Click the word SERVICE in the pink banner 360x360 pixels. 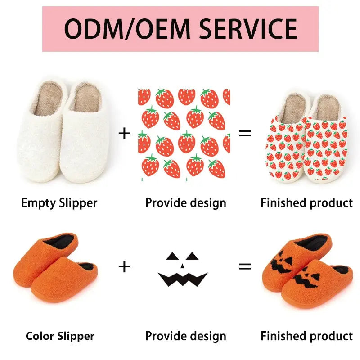pos(248,28)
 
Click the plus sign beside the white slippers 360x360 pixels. pos(124,133)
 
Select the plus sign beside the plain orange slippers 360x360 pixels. pos(124,266)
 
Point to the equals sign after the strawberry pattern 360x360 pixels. pos(245,133)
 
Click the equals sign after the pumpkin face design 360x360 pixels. pos(245,266)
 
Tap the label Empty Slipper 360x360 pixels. pos(59,203)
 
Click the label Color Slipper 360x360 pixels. pos(60,336)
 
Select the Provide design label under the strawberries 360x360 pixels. pos(185,203)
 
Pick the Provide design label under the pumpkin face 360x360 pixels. pos(185,336)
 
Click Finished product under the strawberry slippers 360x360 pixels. pos(306,203)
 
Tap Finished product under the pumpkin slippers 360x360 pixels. pos(306,336)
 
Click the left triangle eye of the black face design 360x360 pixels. pos(172,256)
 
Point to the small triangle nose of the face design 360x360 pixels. pos(182,266)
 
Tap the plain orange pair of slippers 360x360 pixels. pos(56,267)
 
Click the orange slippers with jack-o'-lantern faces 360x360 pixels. pos(306,270)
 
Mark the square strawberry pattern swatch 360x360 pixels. pos(184,133)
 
